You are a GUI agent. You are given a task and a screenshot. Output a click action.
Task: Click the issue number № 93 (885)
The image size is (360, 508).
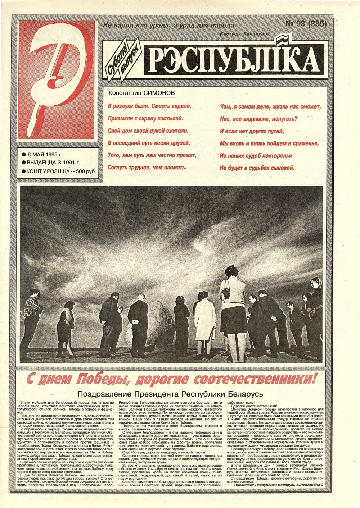306,24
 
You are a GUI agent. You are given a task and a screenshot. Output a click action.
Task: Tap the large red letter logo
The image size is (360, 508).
57,80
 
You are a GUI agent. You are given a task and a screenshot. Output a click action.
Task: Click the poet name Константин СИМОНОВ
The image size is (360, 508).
141,93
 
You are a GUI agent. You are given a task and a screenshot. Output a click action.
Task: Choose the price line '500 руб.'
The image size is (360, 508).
86,171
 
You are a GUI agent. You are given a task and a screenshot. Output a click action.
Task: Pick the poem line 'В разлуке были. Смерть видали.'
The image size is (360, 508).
149,106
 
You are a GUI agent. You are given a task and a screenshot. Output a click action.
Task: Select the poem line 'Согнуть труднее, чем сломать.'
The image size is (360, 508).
147,168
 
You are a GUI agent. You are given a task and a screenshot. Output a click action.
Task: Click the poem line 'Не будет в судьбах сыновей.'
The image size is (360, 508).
257,168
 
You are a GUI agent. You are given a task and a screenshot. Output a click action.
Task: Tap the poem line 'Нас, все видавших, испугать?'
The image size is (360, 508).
259,119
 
